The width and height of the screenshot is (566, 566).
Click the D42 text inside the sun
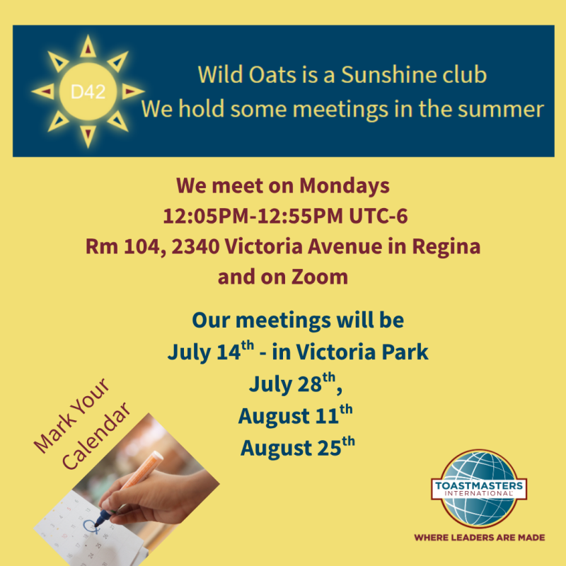tap(88, 92)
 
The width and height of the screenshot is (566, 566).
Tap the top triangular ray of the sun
tap(88, 47)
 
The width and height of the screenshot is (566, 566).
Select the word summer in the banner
tap(501, 109)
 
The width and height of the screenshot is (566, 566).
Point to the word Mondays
tap(345, 186)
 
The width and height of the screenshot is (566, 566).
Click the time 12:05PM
tap(206, 216)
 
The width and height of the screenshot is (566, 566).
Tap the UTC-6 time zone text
tap(379, 216)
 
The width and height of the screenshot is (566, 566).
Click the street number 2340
tap(196, 246)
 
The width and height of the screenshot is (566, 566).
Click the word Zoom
tap(320, 277)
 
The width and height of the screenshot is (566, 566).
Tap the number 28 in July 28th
tap(310, 384)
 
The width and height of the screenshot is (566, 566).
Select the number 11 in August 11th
tap(327, 416)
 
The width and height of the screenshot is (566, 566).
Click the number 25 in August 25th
tap(329, 448)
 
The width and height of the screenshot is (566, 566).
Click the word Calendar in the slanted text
tap(96, 436)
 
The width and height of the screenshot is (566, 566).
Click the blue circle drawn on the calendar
tap(91, 526)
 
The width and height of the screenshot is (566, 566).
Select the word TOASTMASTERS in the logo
tap(479, 485)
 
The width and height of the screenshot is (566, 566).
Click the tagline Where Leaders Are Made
tap(480, 538)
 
